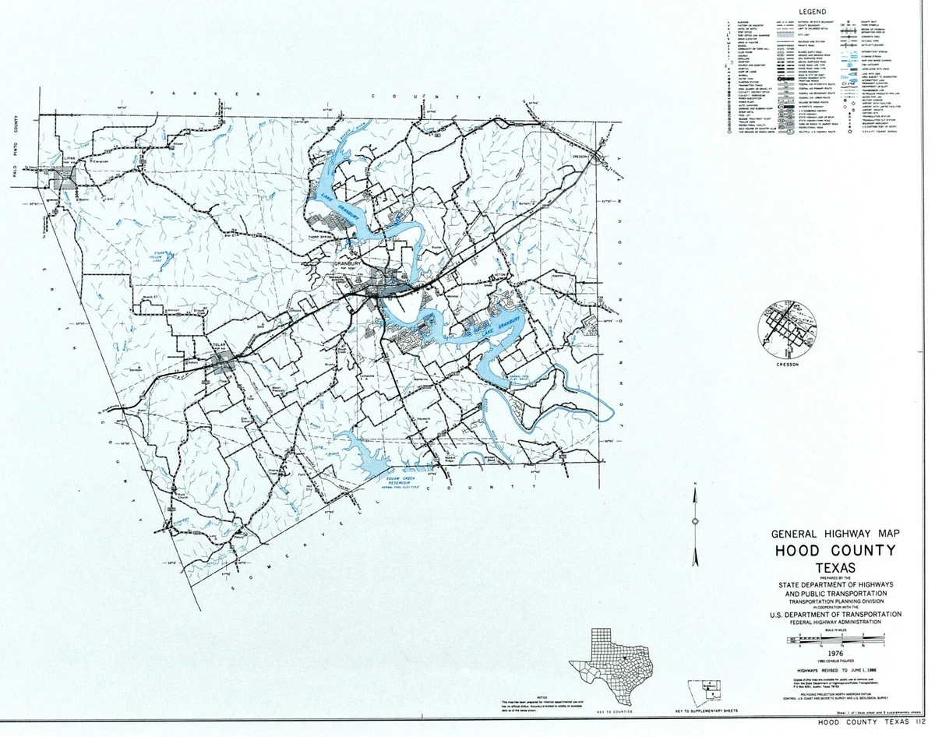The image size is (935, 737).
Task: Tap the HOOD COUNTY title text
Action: pyautogui.click(x=834, y=551)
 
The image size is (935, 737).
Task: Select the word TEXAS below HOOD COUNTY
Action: pyautogui.click(x=834, y=567)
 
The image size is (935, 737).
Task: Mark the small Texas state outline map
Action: pyautogui.click(x=611, y=666)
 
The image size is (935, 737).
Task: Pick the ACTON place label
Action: pyautogui.click(x=501, y=276)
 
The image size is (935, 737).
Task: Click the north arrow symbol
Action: pyautogui.click(x=694, y=520)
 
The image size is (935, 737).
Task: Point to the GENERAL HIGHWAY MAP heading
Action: pyautogui.click(x=834, y=534)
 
